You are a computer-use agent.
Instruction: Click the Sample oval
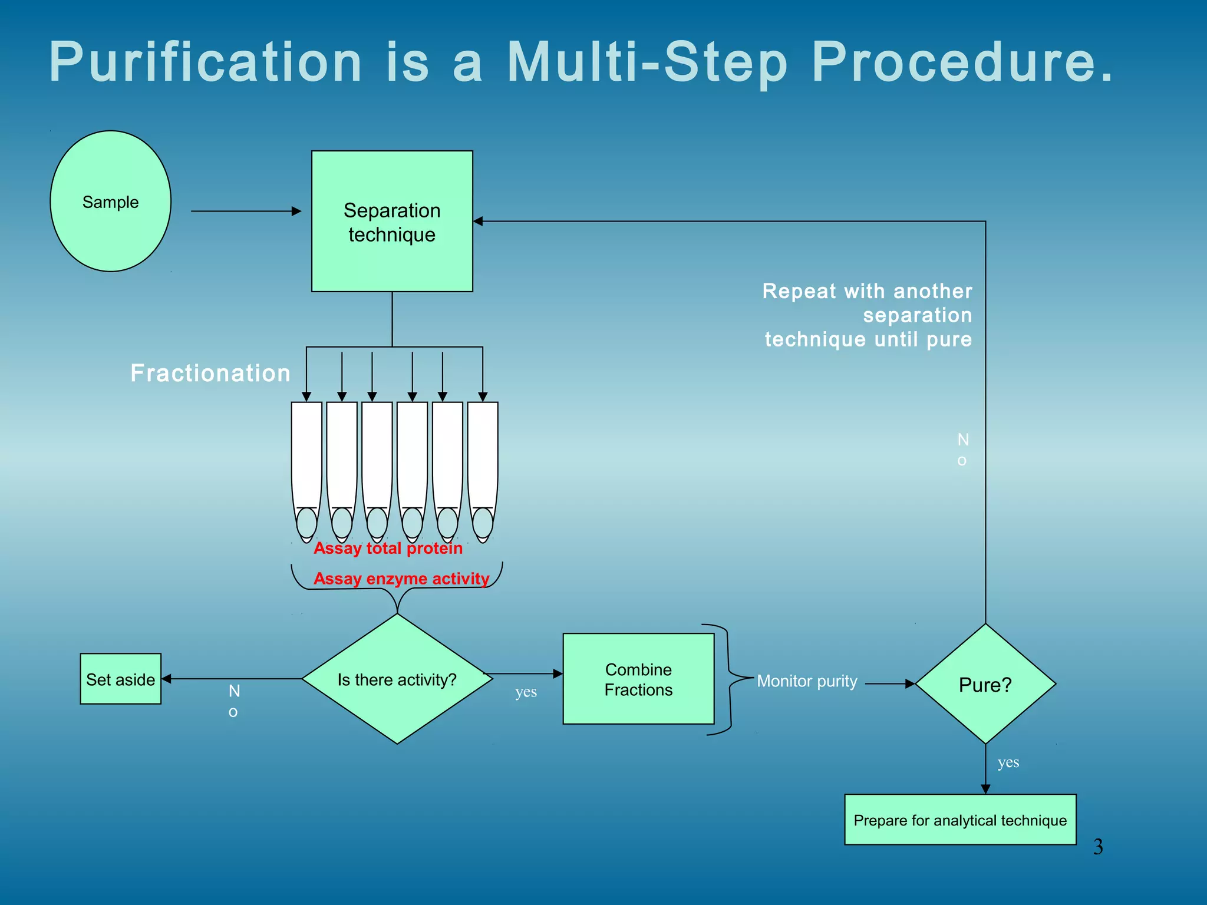[110, 201]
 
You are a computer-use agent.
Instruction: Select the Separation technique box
[392, 222]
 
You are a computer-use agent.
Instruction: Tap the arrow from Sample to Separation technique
[246, 211]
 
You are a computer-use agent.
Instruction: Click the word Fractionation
[210, 373]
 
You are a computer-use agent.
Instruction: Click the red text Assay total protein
[388, 549]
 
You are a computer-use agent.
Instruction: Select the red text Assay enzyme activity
[401, 579]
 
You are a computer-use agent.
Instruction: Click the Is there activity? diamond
[397, 679]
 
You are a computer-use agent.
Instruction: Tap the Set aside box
[120, 679]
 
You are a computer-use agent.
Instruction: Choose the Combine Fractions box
[638, 679]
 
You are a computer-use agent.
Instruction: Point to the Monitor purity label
[807, 681]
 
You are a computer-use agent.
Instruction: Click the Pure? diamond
[985, 685]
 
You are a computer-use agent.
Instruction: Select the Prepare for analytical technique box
[960, 820]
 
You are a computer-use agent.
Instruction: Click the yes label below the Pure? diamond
[1008, 762]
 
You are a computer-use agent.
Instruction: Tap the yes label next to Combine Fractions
[526, 692]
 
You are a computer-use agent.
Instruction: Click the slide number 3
[1098, 847]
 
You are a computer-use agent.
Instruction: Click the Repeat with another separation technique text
[868, 315]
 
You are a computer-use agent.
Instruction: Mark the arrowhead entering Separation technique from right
[479, 222]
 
